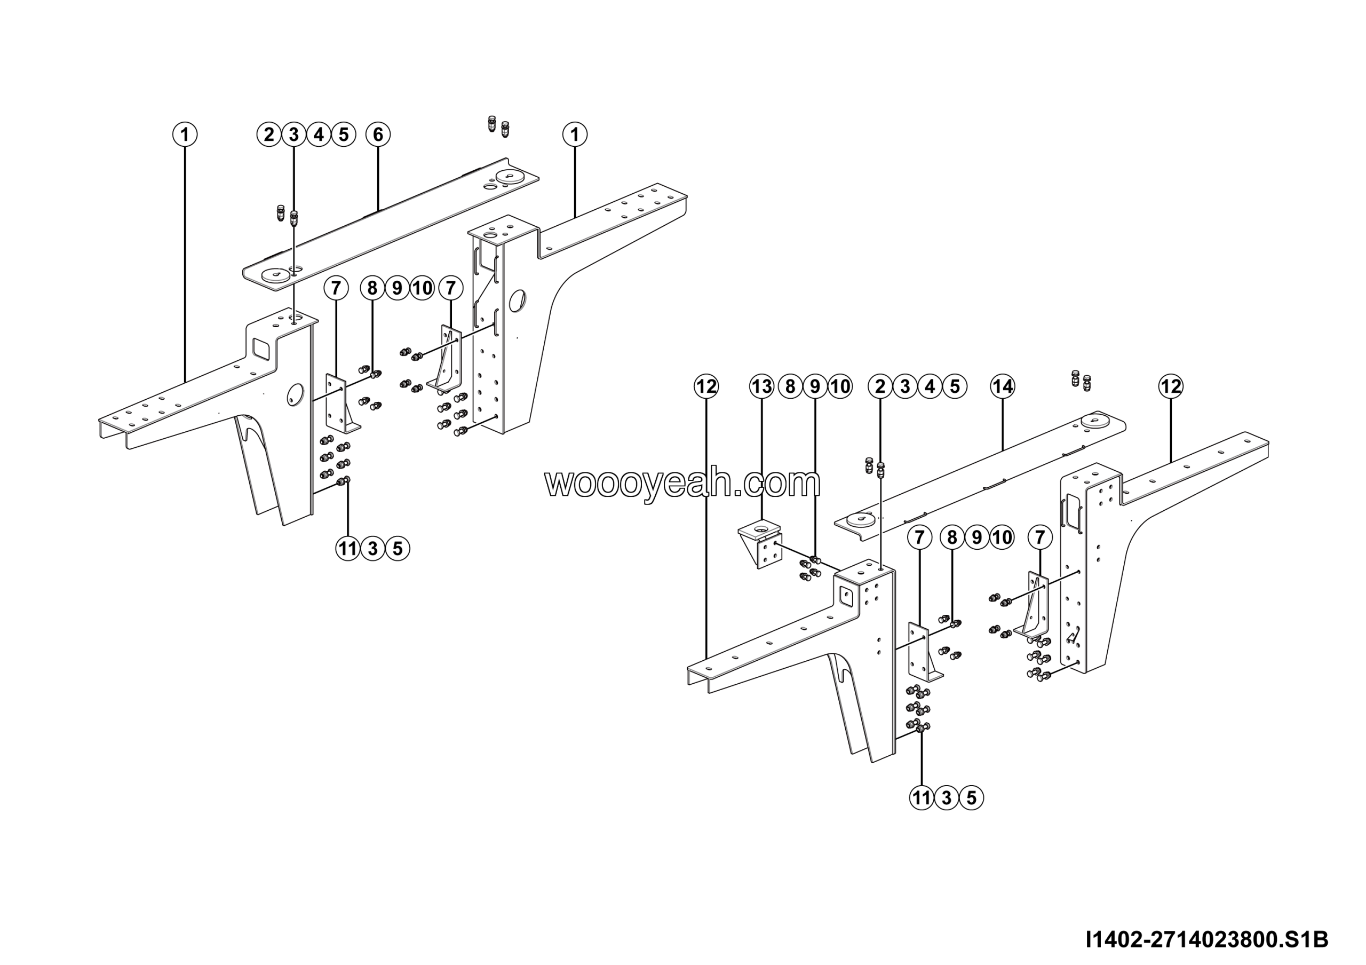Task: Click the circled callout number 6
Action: [378, 135]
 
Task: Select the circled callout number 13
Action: [761, 387]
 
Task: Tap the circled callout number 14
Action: [1003, 387]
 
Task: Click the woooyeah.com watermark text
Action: [682, 483]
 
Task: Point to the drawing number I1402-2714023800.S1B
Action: [1207, 939]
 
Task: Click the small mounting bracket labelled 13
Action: [760, 544]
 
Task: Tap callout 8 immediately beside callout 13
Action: [790, 387]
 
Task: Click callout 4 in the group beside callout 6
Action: [319, 135]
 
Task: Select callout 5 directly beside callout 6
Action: [343, 135]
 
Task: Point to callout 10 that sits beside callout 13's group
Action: [839, 387]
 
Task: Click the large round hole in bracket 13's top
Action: [760, 527]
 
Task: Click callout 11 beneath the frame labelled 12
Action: [922, 798]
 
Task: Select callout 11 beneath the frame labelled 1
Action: [348, 548]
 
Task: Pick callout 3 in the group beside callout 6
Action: [294, 135]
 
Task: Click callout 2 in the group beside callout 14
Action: [880, 387]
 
